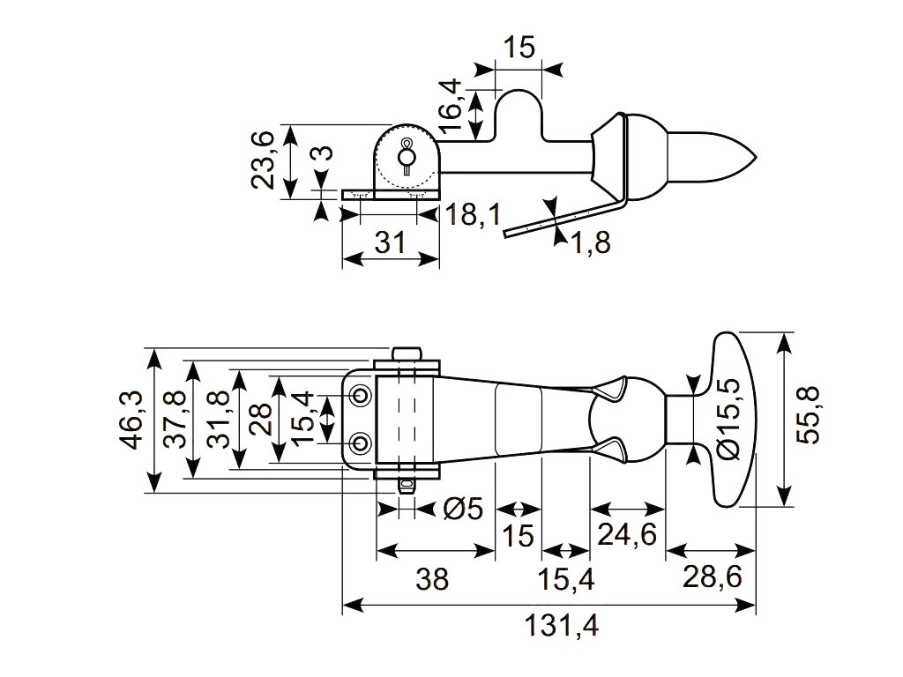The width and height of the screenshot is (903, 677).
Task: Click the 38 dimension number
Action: pyautogui.click(x=432, y=579)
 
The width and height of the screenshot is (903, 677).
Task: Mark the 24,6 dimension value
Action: pyautogui.click(x=626, y=534)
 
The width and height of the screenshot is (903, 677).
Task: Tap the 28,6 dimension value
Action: pyautogui.click(x=712, y=579)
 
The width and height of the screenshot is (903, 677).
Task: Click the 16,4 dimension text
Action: pyautogui.click(x=449, y=106)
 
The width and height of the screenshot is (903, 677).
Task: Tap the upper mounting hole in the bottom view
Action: pyautogui.click(x=361, y=395)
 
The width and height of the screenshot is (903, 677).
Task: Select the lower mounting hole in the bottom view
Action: pyautogui.click(x=361, y=441)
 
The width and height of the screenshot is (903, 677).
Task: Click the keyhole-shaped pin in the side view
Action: pyautogui.click(x=407, y=155)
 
